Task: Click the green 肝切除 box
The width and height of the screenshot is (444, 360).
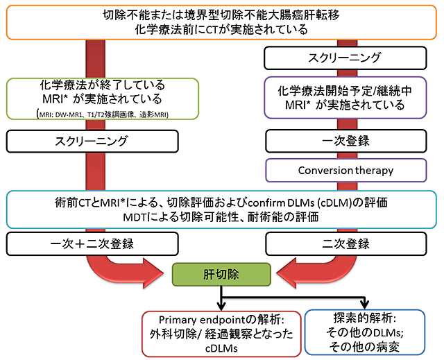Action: pyautogui.click(x=221, y=275)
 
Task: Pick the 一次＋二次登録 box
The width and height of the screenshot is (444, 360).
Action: pyautogui.click(x=92, y=244)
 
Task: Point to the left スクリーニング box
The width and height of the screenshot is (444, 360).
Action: pyautogui.click(x=92, y=142)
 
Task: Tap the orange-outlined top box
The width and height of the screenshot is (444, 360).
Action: pyautogui.click(x=221, y=22)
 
